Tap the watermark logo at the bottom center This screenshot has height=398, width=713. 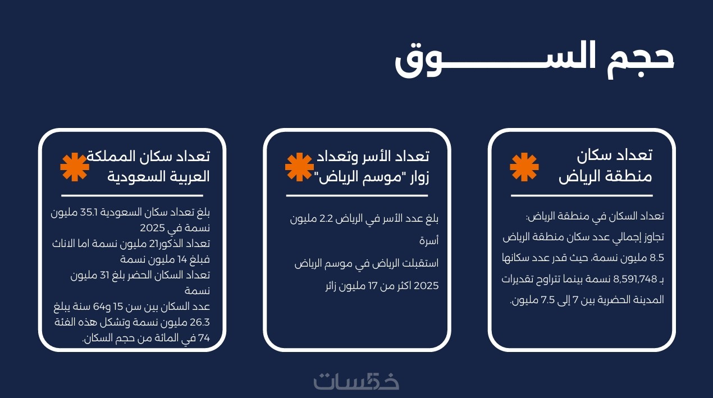click(356, 381)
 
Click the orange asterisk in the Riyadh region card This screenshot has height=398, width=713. click(524, 167)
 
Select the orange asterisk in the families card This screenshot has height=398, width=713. click(299, 167)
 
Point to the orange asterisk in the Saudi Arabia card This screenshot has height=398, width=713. click(75, 167)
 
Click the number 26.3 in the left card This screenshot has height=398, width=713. click(199, 322)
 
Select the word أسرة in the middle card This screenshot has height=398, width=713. click(429, 240)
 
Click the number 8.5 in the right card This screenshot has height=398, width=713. click(657, 258)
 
